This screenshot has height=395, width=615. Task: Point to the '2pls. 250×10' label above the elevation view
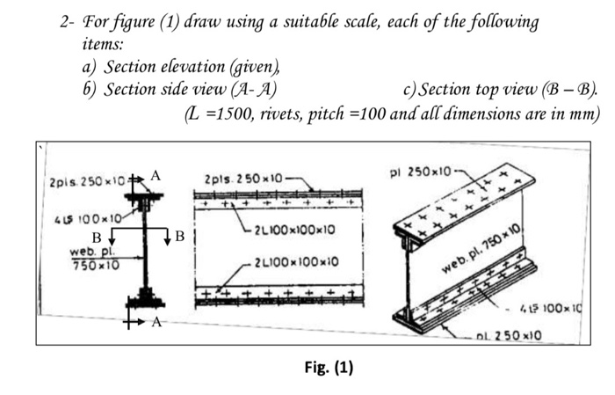click(x=242, y=180)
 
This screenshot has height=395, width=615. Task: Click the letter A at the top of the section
click(x=156, y=175)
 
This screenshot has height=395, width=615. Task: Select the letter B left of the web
click(x=97, y=235)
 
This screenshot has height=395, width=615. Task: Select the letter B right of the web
click(x=179, y=236)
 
